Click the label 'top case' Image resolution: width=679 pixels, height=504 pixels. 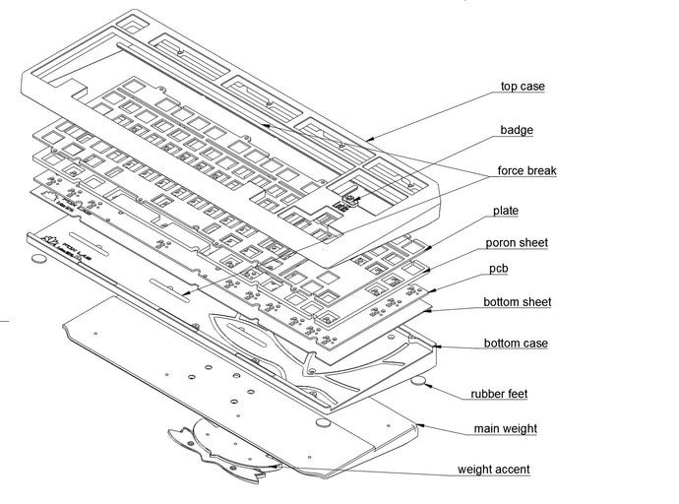tap(522, 87)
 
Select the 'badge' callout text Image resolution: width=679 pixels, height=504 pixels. tap(517, 130)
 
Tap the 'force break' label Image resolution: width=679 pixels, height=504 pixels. tap(526, 171)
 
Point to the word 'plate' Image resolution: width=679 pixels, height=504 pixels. tap(506, 212)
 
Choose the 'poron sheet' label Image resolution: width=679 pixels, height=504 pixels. tap(517, 243)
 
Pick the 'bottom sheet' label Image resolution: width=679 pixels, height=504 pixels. tap(517, 302)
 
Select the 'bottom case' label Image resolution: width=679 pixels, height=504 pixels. tap(516, 345)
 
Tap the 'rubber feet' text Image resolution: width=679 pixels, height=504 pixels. tap(500, 395)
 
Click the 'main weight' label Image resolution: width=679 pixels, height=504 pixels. tap(505, 429)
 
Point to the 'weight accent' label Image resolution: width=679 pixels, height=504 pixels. tap(493, 471)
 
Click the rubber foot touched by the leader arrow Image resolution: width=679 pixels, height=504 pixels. tap(419, 380)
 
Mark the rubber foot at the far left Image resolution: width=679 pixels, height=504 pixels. tap(38, 258)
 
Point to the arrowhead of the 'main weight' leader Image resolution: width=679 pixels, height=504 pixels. tap(418, 424)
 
